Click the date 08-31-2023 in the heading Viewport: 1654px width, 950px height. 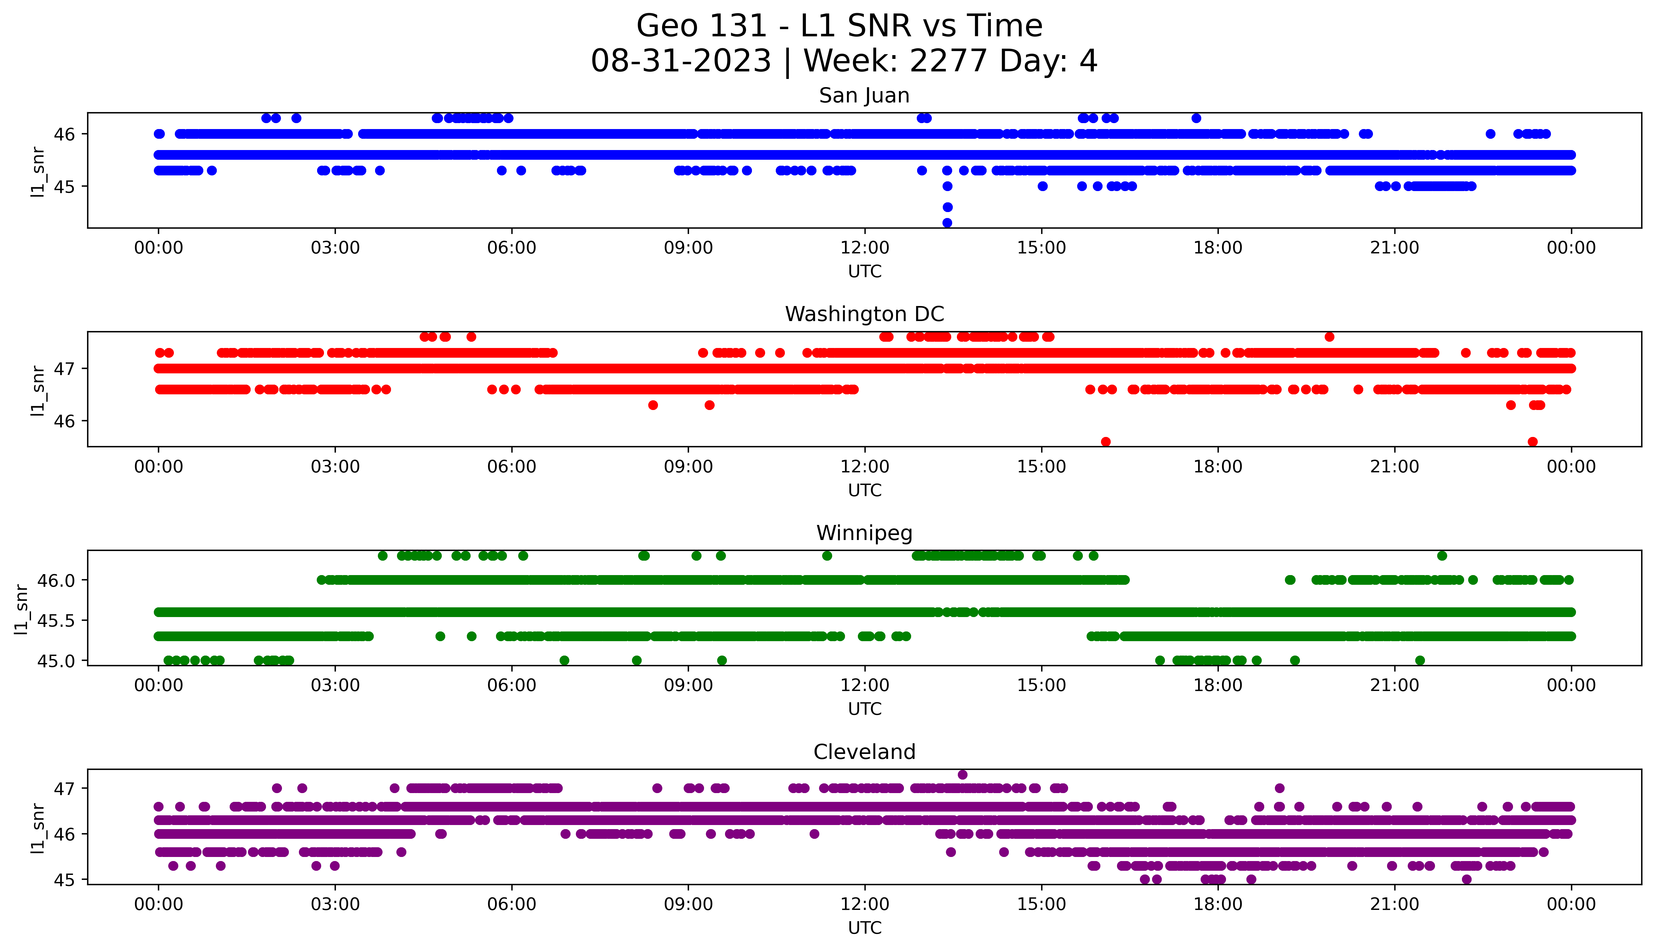(681, 61)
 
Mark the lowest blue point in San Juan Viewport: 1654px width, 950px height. (947, 223)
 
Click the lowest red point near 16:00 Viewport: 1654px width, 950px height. (1105, 442)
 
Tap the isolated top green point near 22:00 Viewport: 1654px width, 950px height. (1442, 556)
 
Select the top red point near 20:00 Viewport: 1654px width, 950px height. (1329, 337)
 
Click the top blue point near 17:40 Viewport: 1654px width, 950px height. (1196, 118)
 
